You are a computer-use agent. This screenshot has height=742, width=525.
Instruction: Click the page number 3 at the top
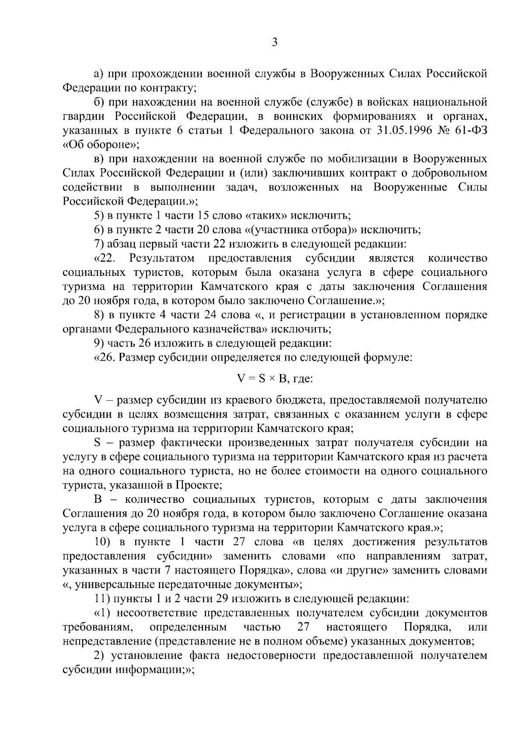click(x=274, y=42)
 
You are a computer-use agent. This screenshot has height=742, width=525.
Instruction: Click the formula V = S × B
click(x=262, y=379)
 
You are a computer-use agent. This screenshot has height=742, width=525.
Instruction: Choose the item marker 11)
click(x=103, y=599)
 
